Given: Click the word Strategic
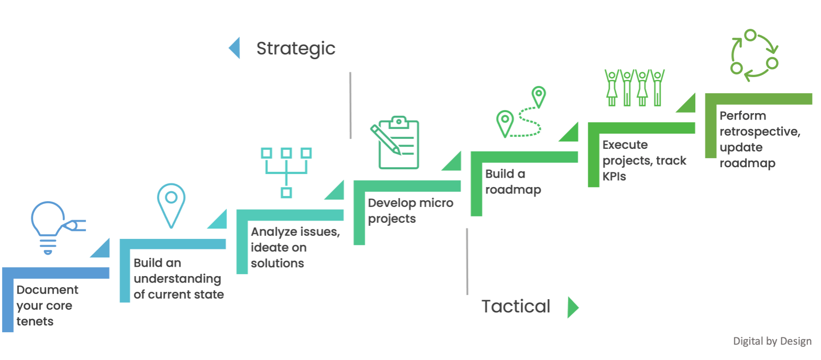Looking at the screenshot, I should [x=295, y=48].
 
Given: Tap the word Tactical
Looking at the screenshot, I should [x=516, y=306].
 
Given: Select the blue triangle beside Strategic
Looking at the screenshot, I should [x=234, y=48].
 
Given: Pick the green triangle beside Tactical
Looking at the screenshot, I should [x=573, y=307].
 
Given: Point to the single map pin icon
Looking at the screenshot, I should [x=171, y=205].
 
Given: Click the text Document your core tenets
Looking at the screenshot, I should [x=47, y=306].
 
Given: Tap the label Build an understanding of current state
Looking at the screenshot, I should [x=178, y=279].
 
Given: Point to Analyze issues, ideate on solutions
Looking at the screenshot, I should [x=295, y=247].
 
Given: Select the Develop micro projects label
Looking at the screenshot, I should [x=410, y=211].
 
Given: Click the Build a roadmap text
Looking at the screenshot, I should [x=512, y=181].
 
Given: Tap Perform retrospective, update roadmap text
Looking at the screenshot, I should [x=759, y=139].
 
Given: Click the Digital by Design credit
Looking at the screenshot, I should [x=772, y=341].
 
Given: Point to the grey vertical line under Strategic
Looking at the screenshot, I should [x=350, y=105].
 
